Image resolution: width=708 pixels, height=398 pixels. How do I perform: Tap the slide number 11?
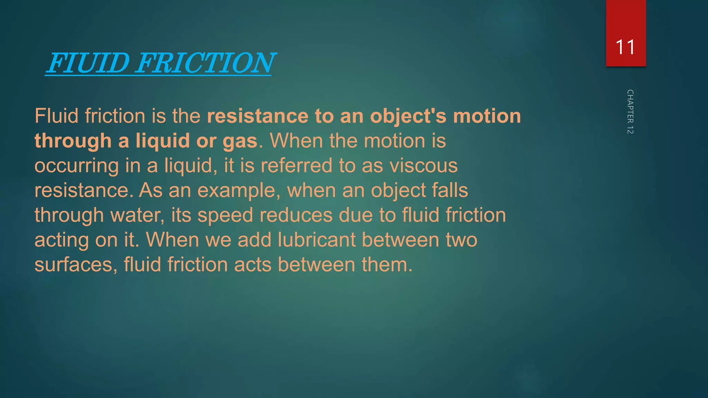pyautogui.click(x=625, y=47)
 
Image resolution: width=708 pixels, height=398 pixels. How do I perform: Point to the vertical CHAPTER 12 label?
pyautogui.click(x=630, y=112)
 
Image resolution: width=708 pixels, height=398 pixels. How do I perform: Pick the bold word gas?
pyautogui.click(x=240, y=141)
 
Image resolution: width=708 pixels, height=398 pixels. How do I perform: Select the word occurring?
pyautogui.click(x=76, y=166)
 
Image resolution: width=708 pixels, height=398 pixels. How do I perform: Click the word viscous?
pyautogui.click(x=423, y=165)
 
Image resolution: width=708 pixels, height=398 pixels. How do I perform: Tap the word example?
pyautogui.click(x=239, y=191)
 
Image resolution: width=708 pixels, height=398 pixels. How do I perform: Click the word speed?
pyautogui.click(x=225, y=215)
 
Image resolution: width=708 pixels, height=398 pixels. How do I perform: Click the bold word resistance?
pyautogui.click(x=258, y=116)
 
